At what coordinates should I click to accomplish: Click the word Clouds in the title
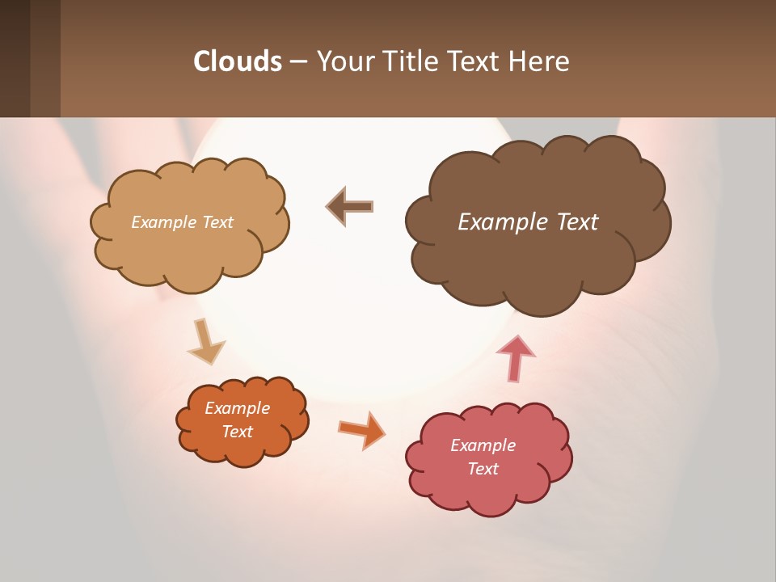point(237,61)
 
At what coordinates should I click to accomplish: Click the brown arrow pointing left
point(350,207)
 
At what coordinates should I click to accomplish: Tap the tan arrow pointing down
point(205,343)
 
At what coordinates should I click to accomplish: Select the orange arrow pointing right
point(362,429)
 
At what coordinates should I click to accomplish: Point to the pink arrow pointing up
point(515,356)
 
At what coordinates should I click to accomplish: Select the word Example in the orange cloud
point(237,408)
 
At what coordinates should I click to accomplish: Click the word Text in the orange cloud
point(237,432)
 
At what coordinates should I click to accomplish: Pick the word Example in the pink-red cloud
point(483,445)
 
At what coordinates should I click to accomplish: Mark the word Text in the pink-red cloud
point(483,469)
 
